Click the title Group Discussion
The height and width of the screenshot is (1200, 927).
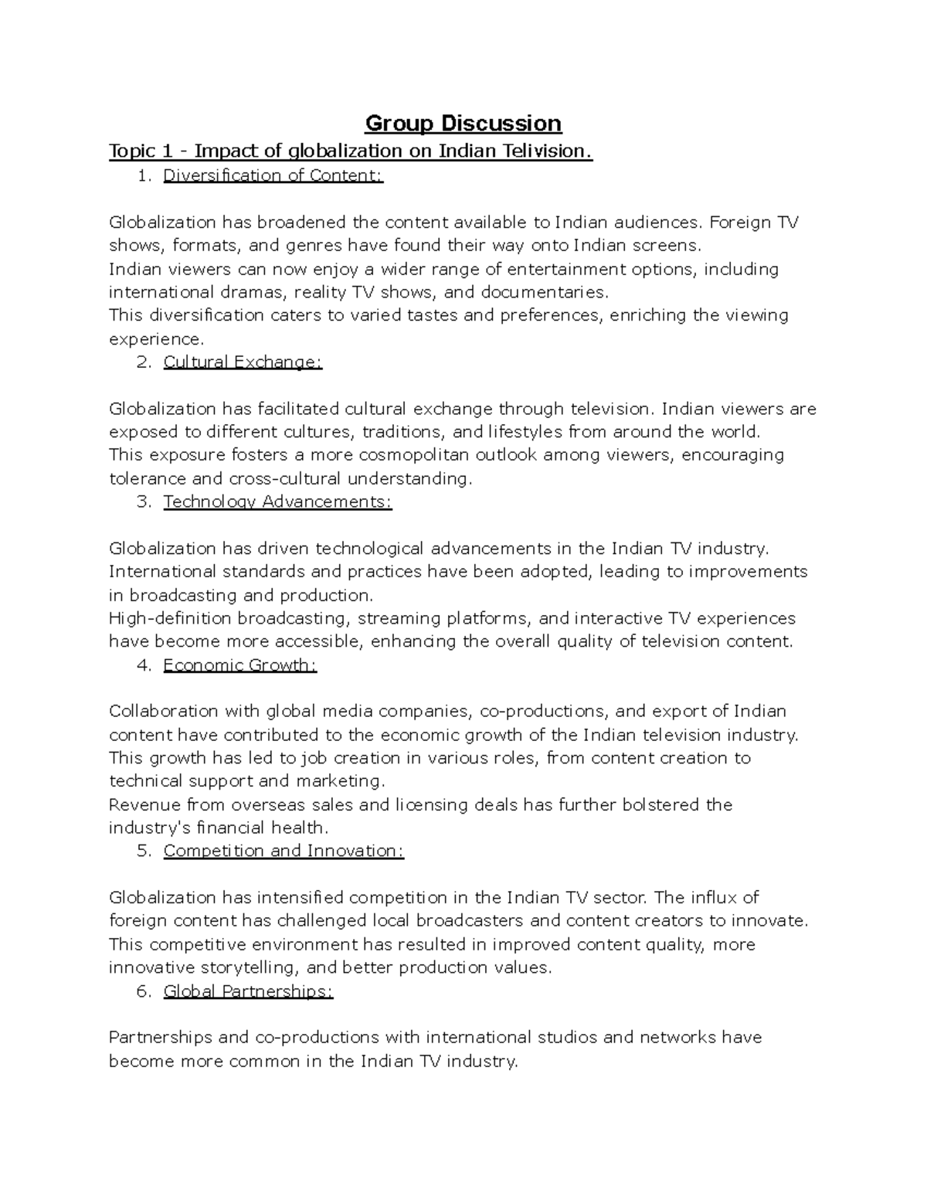click(x=463, y=124)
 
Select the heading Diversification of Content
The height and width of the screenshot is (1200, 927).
click(x=273, y=175)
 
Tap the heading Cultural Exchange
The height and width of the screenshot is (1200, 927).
click(x=243, y=362)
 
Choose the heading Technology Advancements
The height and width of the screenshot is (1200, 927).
click(x=277, y=501)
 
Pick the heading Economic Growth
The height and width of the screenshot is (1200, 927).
click(x=239, y=665)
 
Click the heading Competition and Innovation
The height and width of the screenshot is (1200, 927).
click(x=284, y=851)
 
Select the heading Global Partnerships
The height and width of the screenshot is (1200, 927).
click(x=248, y=991)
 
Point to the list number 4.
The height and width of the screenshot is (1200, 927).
click(x=143, y=665)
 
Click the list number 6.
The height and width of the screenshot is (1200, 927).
click(x=143, y=991)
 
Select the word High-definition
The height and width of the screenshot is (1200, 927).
click(x=170, y=618)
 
